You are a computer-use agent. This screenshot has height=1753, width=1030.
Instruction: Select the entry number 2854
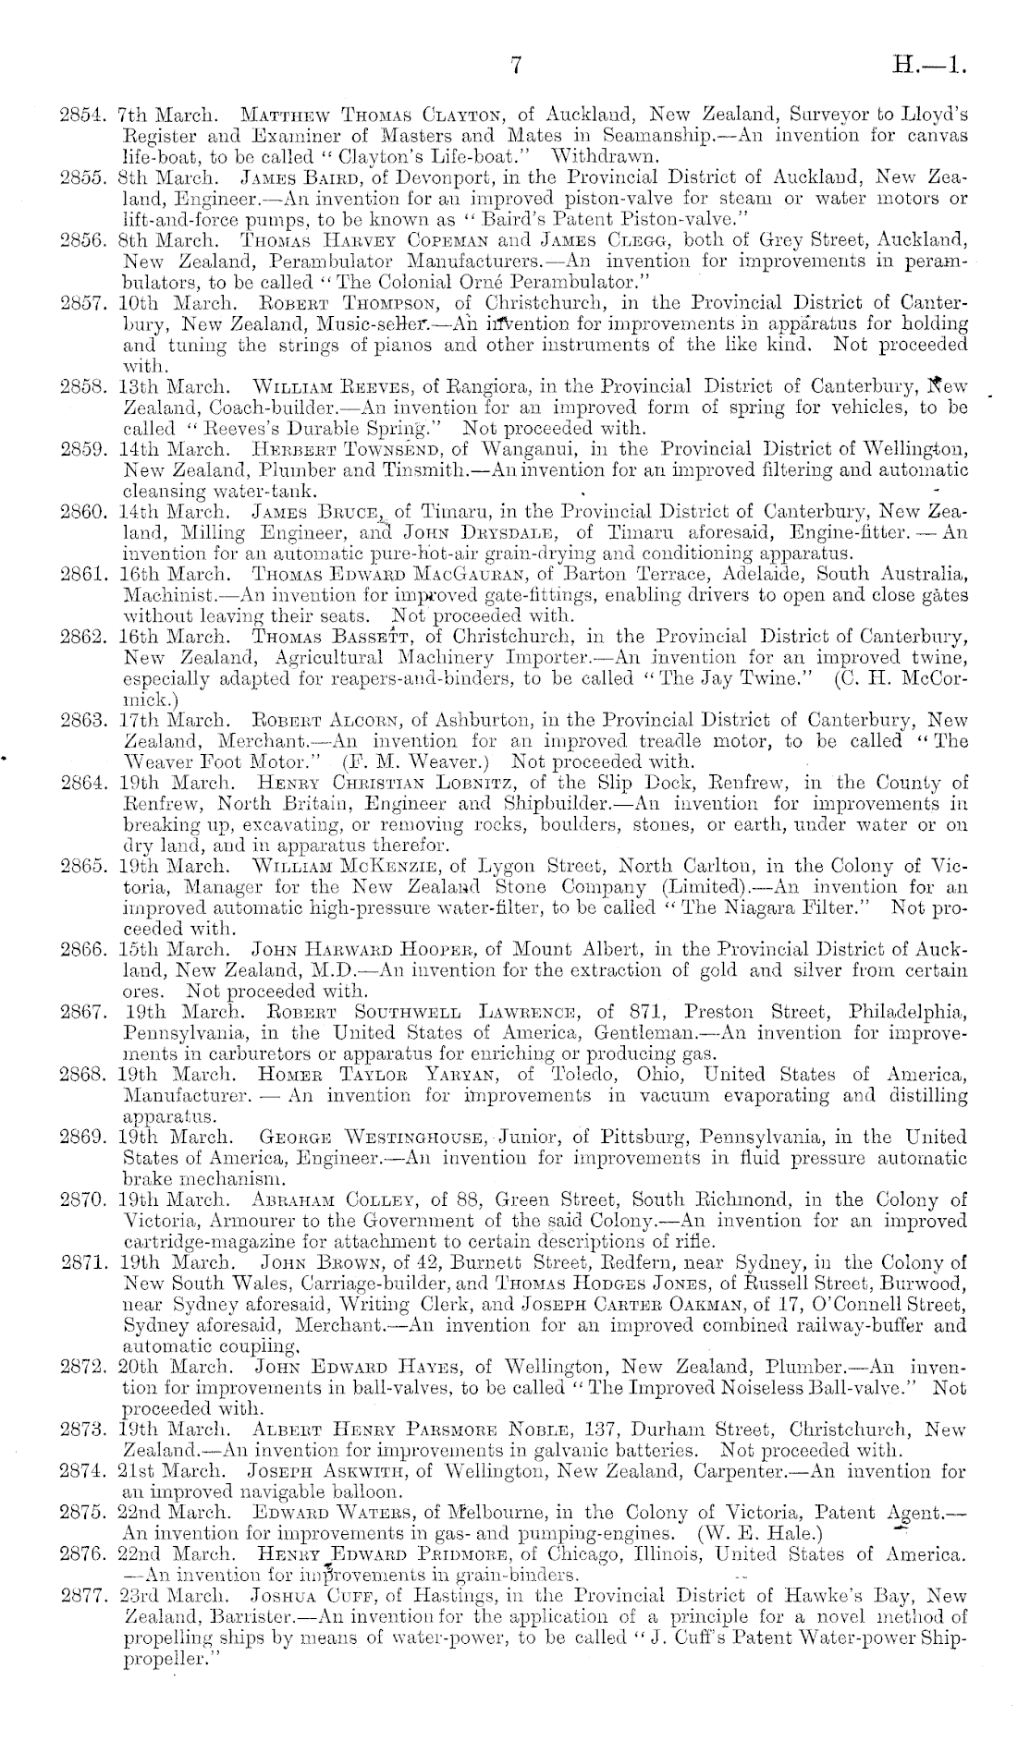[x=81, y=116]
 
